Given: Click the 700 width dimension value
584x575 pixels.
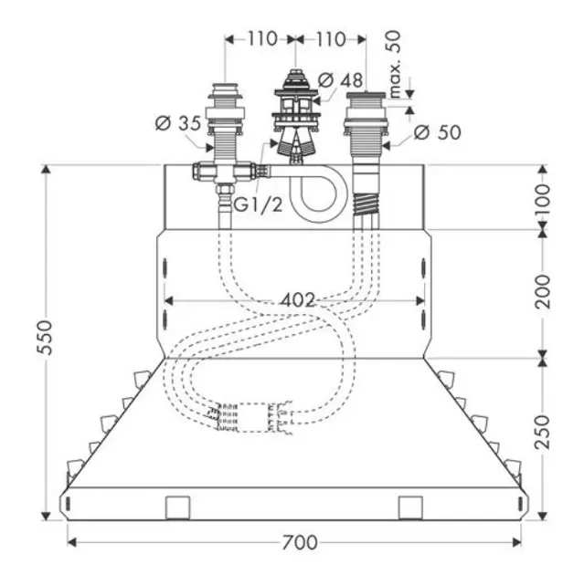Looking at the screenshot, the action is [300, 542].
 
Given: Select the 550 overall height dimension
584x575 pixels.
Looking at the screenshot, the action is [45, 337].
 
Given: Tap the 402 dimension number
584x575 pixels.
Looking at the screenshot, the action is [298, 300].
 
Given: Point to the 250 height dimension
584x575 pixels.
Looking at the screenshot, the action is [542, 433].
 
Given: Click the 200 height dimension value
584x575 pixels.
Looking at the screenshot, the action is [542, 291].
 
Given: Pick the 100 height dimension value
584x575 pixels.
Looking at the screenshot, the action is [542, 199].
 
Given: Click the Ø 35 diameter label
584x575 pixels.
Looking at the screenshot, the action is [178, 123].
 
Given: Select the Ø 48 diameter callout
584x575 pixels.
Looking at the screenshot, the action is [340, 80].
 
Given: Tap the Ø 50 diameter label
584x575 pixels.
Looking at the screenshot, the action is [437, 132].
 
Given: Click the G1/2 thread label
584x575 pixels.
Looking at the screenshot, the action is [258, 204].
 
